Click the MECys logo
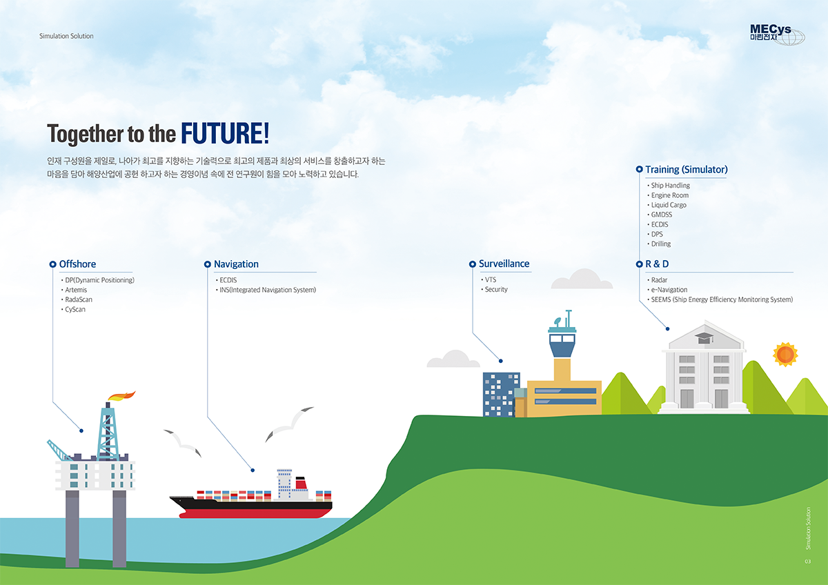pyautogui.click(x=777, y=34)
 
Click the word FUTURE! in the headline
pyautogui.click(x=225, y=133)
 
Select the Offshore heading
pyautogui.click(x=77, y=264)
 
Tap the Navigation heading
pyautogui.click(x=236, y=264)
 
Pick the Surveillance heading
pyautogui.click(x=504, y=264)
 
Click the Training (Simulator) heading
pyautogui.click(x=687, y=169)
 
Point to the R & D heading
pyautogui.click(x=657, y=264)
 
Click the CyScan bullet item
pyautogui.click(x=75, y=309)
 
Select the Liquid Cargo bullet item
pyautogui.click(x=669, y=205)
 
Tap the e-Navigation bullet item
pyautogui.click(x=669, y=290)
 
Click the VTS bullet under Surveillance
pyautogui.click(x=490, y=280)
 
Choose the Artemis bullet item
pyautogui.click(x=76, y=290)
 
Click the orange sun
pyautogui.click(x=785, y=355)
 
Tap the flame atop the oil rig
pyautogui.click(x=121, y=396)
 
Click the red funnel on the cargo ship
pyautogui.click(x=302, y=484)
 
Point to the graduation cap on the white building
pyautogui.click(x=704, y=338)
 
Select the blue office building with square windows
pyautogui.click(x=501, y=395)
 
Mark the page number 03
pyautogui.click(x=808, y=562)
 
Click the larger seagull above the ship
pyautogui.click(x=289, y=424)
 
